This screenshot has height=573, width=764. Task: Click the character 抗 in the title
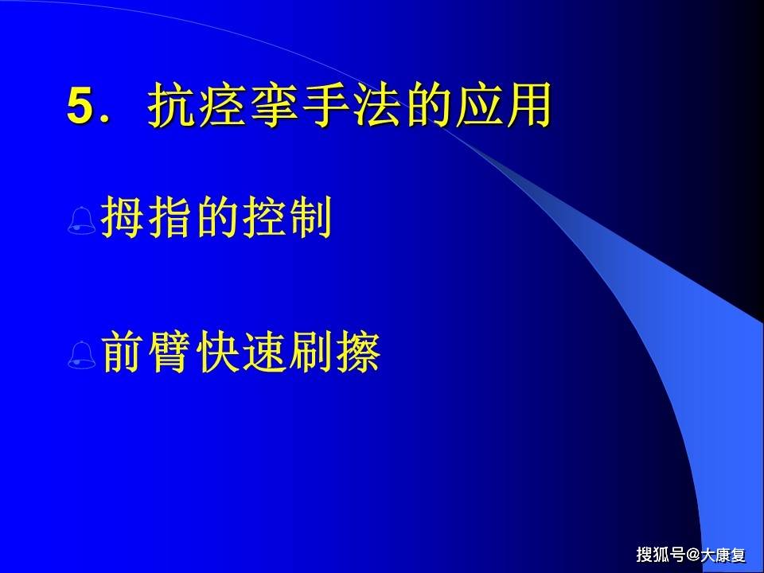click(x=170, y=107)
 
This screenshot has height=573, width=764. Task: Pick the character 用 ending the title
click(x=529, y=107)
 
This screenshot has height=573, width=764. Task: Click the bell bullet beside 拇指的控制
click(x=83, y=221)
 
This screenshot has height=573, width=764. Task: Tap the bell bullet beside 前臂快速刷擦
click(x=83, y=356)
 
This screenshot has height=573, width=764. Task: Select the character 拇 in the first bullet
click(x=123, y=220)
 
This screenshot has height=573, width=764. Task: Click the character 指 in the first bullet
click(x=170, y=220)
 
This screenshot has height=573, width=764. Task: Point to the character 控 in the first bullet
click(x=263, y=220)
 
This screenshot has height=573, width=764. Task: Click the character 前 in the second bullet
click(x=123, y=354)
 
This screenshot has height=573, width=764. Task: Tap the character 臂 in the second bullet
click(x=170, y=354)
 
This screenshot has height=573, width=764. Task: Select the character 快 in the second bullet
click(x=216, y=354)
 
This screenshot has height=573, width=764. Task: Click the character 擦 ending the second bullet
click(x=357, y=354)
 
